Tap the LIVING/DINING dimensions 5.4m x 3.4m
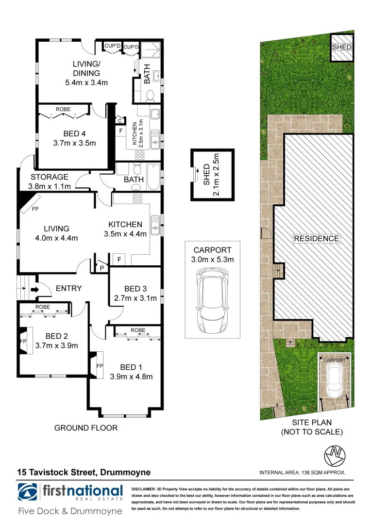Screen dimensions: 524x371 (x=86, y=83)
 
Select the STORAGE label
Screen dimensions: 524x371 (x=50, y=177)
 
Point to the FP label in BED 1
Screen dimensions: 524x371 (x=99, y=366)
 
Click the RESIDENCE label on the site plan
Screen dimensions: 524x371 (x=316, y=239)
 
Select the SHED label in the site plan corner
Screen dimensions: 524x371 (x=342, y=48)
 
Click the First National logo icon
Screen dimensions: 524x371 (x=28, y=492)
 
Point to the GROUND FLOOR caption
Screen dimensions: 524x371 (x=85, y=427)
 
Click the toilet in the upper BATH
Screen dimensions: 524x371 (x=150, y=95)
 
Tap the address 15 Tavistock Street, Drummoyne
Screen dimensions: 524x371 (x=84, y=472)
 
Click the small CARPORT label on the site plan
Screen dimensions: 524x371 (x=335, y=360)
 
